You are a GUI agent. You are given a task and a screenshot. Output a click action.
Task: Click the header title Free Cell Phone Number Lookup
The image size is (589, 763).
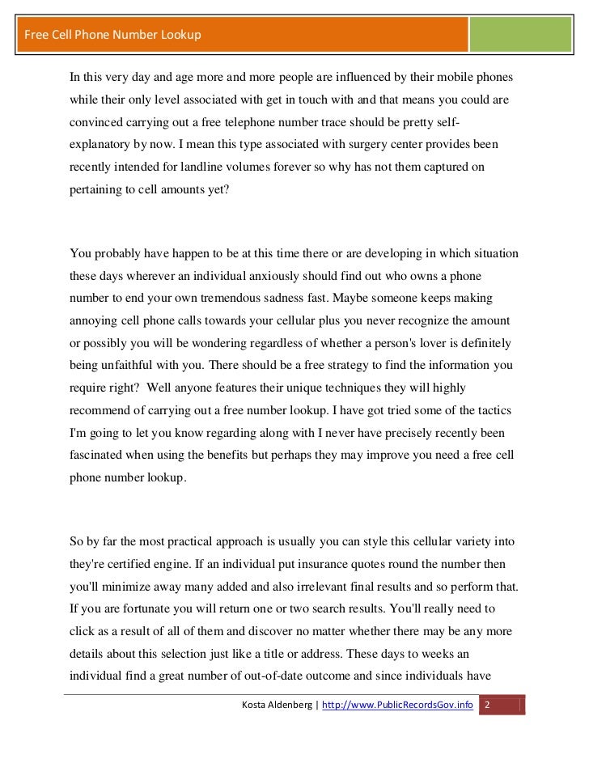[x=112, y=35]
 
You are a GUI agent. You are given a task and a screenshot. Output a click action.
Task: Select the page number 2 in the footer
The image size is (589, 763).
[x=486, y=706]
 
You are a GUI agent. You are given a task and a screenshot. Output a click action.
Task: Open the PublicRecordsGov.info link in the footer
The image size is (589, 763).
[x=398, y=706]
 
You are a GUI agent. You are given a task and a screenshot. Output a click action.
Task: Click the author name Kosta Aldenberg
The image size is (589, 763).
[x=278, y=706]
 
